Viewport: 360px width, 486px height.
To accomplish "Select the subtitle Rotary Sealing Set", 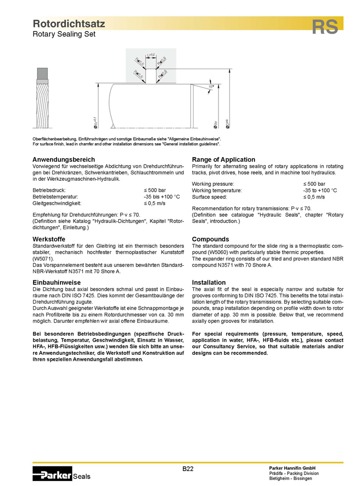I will click(63, 34).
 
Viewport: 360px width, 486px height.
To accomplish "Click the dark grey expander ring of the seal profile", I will click(42, 74).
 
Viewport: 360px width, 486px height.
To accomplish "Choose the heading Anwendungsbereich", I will click(63, 159).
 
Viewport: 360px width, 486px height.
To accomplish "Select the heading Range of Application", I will click(223, 159).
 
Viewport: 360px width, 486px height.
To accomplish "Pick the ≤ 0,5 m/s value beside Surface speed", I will click(314, 197).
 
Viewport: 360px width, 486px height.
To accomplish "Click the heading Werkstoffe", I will click(48, 239).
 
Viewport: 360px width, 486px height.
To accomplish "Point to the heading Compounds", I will click(210, 239).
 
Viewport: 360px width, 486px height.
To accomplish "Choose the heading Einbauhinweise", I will click(56, 283).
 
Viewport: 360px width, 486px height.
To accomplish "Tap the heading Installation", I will click(209, 283).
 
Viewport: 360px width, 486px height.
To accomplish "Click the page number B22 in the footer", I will click(188, 468).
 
